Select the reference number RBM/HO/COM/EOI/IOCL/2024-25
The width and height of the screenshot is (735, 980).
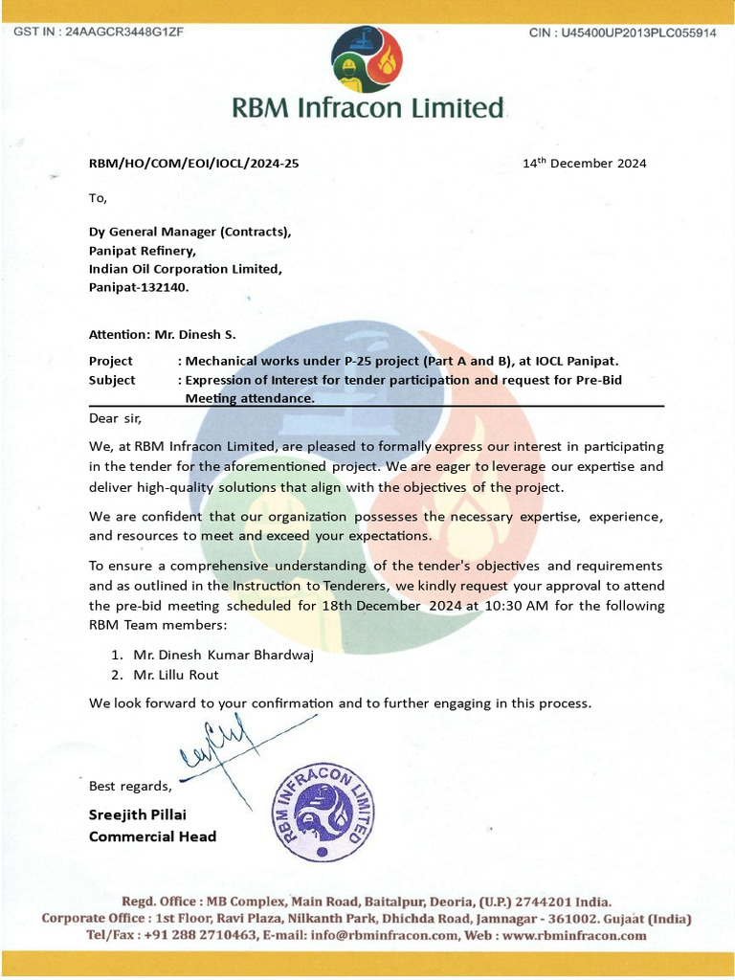point(193,163)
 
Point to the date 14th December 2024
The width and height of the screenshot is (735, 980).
point(584,163)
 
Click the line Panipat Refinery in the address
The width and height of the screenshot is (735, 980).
point(142,251)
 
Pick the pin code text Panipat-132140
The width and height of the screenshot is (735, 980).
point(139,287)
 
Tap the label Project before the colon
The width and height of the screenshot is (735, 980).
point(111,361)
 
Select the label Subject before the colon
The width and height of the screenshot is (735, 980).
point(112,380)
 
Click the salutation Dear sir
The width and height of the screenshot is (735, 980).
point(115,417)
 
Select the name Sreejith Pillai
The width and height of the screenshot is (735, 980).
point(138,814)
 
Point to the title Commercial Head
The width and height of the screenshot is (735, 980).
point(152,836)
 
